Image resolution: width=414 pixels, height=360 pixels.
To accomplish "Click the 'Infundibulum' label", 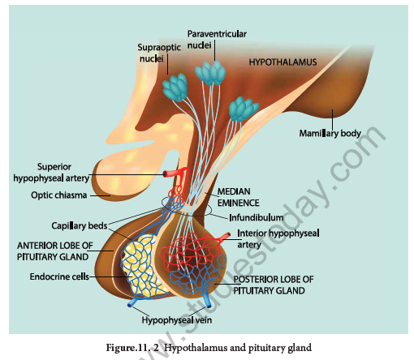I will click(248, 217).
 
